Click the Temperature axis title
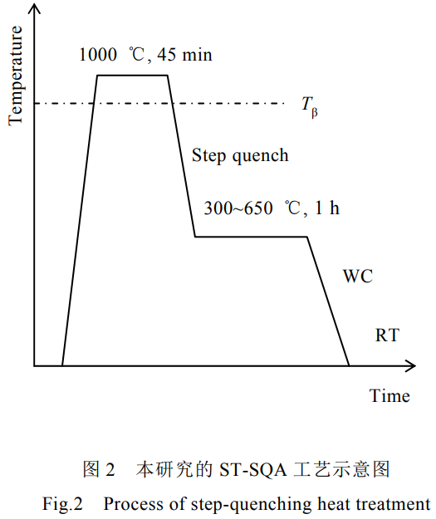point(16,76)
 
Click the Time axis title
point(389,396)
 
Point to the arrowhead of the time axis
point(410,365)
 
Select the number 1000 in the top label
point(98,54)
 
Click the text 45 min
point(184,54)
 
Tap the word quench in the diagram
point(260,156)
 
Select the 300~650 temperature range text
point(238,208)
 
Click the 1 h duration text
point(327,208)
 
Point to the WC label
point(358,276)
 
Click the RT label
point(387,335)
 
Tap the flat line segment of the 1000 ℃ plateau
point(132,76)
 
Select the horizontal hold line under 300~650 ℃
point(252,237)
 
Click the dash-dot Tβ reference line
point(159,104)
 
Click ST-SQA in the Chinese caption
point(253,470)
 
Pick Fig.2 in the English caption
point(62,504)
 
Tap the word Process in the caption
point(134,504)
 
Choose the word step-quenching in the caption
point(252,505)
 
